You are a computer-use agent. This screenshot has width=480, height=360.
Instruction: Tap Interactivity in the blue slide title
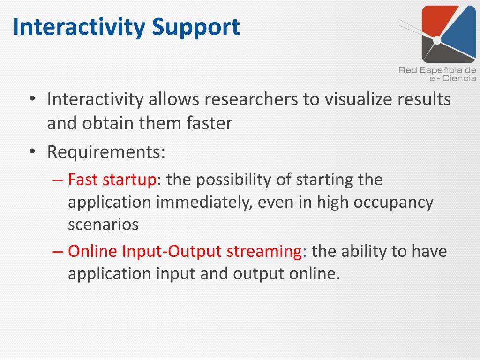(79, 27)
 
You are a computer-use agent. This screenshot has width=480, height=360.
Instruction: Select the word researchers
(251, 99)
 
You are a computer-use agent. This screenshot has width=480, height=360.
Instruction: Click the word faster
(209, 123)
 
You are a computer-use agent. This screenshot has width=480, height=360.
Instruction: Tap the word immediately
(204, 202)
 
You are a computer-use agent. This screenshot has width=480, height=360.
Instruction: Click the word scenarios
(103, 225)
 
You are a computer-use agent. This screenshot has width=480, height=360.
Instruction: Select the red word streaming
(264, 252)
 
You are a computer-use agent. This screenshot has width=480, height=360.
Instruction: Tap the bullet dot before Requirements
(32, 152)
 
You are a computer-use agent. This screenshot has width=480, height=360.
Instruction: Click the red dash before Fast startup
(58, 180)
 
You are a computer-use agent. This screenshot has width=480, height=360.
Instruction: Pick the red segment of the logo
(437, 19)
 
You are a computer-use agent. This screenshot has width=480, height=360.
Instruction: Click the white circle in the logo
(437, 40)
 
